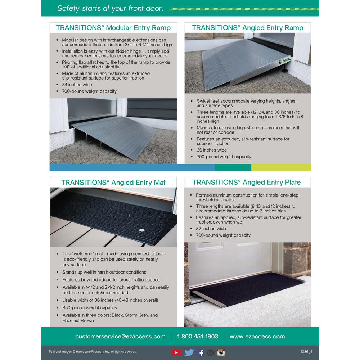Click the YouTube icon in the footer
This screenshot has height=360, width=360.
point(176,352)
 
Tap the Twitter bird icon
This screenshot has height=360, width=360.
point(189,352)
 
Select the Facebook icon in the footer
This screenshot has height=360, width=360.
point(201,352)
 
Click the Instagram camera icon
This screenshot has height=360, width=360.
point(221,352)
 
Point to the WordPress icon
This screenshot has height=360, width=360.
point(211,352)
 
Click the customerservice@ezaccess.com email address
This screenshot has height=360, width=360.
point(120,337)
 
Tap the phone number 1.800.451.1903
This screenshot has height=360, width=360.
point(197,337)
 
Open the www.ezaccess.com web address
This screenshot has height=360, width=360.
point(257,337)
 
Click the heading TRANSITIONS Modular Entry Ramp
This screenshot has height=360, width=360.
point(113,28)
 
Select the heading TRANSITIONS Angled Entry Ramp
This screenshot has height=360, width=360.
point(248,28)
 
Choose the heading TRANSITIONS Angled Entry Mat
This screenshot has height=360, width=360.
point(113,182)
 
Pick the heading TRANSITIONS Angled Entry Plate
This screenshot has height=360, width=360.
point(246,182)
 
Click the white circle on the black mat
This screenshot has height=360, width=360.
point(141,229)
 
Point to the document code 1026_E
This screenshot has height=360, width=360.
point(306,352)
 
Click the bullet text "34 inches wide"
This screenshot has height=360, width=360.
point(77,85)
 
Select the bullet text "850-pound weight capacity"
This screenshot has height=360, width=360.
point(90,308)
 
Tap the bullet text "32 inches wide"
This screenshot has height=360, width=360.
point(211,229)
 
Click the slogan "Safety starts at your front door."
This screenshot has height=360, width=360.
point(110,9)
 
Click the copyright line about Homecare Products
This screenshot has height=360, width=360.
point(93,352)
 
